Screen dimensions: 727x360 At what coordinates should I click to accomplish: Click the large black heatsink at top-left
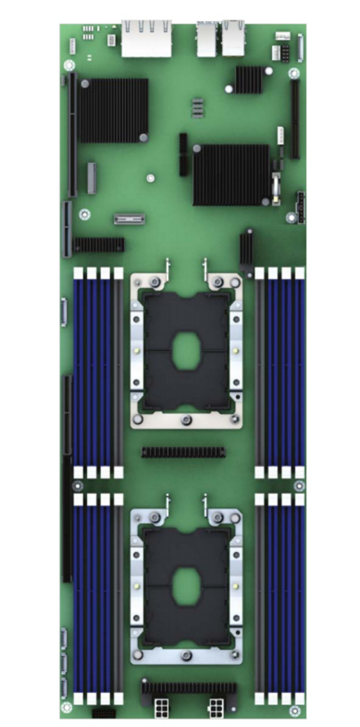tap(113, 110)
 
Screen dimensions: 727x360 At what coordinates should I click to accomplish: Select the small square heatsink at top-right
tap(248, 79)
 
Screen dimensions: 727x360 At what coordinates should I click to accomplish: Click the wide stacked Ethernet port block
tap(146, 38)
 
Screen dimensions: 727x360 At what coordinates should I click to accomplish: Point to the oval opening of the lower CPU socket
tap(186, 587)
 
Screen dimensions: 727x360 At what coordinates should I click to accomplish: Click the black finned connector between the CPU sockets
tap(183, 451)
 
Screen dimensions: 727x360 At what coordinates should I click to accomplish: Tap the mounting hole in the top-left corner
tap(67, 65)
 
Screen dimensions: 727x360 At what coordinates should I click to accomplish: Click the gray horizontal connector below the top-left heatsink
tap(130, 219)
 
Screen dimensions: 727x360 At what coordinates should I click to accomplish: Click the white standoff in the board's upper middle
tap(151, 178)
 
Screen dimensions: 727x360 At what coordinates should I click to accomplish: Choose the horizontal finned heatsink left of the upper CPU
tap(99, 244)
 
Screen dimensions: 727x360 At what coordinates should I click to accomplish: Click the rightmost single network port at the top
tap(233, 38)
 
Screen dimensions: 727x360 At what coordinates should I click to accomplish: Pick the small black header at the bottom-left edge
tap(103, 713)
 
